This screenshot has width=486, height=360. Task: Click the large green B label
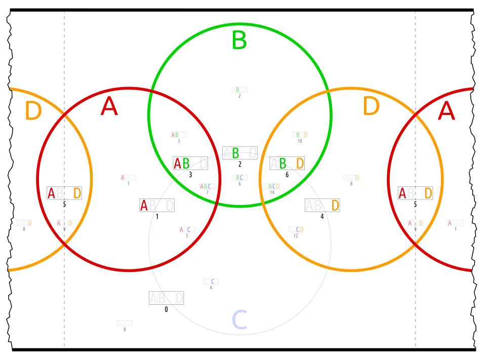coord(238,41)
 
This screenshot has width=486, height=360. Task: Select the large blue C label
coord(238,320)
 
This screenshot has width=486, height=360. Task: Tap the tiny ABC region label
coord(207,186)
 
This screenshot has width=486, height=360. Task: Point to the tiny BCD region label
coord(273,186)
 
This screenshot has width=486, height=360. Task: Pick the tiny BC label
coord(239,178)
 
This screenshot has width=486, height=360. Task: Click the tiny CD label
coord(299,229)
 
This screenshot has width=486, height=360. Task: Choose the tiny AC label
coord(185,229)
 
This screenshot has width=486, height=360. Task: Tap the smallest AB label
coord(175,134)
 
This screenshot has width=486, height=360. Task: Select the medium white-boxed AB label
coord(181,163)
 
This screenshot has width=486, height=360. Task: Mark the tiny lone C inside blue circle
coord(213,281)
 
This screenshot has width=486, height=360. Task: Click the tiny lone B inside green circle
coord(237,90)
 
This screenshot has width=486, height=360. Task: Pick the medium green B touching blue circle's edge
coord(235,153)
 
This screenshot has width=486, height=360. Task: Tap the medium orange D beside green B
coord(300,163)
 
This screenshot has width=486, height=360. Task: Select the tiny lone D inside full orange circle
coord(357,178)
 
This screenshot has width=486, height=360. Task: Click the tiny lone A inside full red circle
coord(122,178)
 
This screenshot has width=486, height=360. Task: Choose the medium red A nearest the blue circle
coord(144,205)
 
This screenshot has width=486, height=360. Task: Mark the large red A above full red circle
coord(109,107)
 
